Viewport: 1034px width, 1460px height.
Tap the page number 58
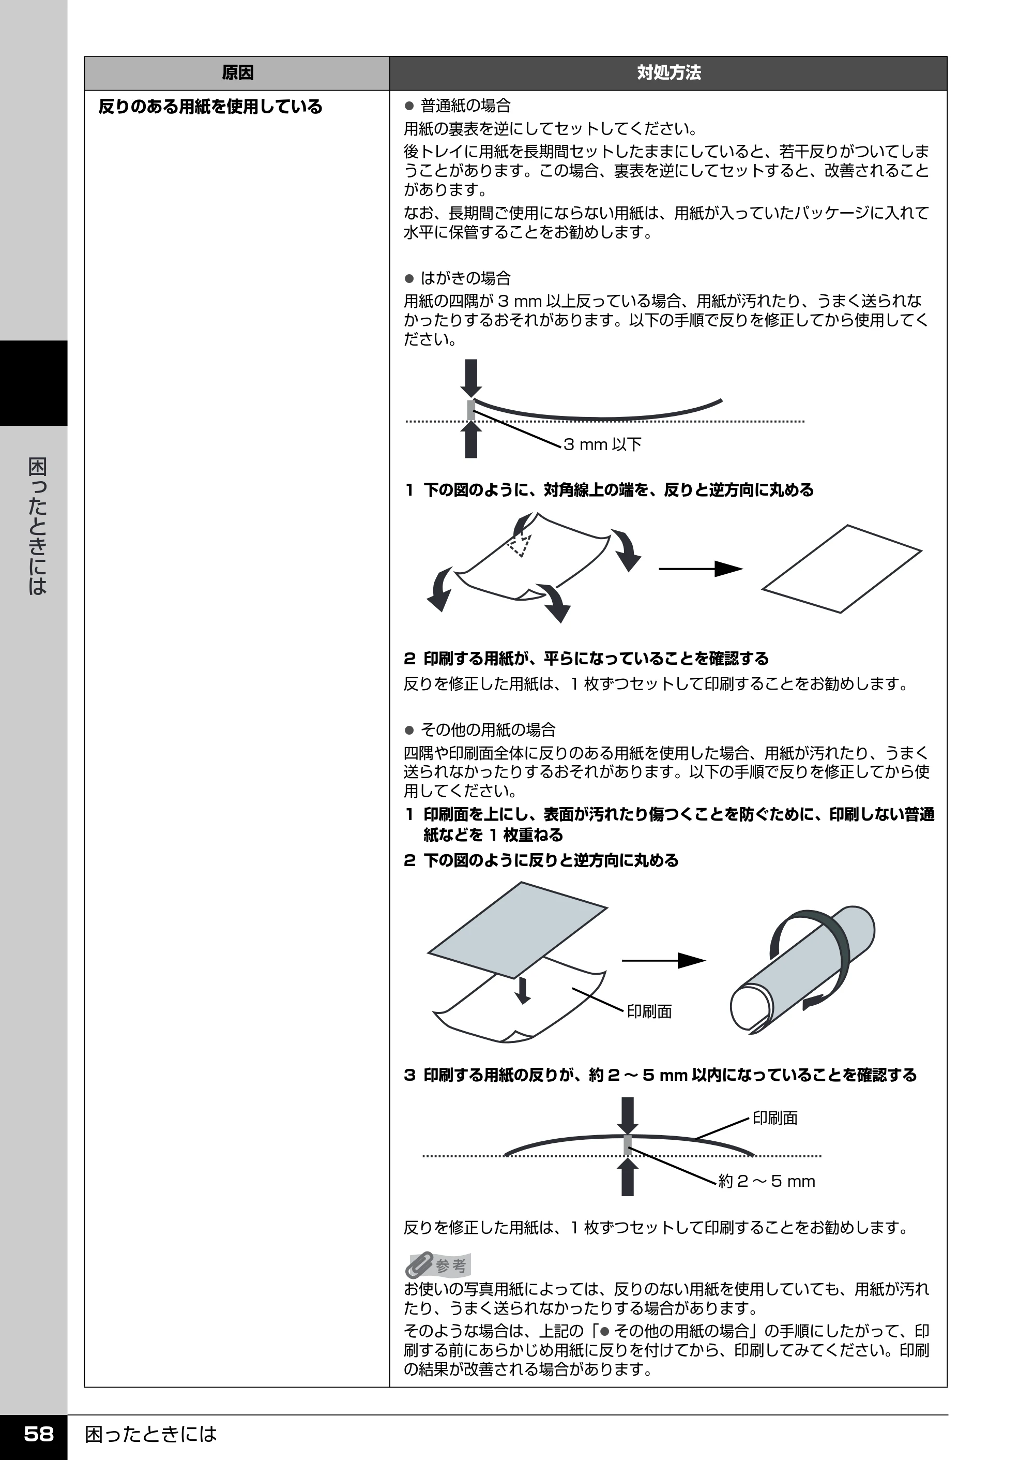[x=38, y=1434]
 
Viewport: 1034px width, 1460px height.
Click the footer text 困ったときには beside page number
[x=151, y=1434]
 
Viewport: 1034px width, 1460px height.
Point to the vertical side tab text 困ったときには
[x=38, y=526]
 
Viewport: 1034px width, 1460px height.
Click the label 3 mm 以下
[x=602, y=444]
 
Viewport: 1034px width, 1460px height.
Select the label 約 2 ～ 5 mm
[x=767, y=1182]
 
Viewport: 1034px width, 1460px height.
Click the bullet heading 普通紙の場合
[x=466, y=106]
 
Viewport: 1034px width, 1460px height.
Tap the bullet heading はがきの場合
[x=466, y=278]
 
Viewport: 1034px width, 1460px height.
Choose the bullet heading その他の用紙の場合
[x=489, y=730]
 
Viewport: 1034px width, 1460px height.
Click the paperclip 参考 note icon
[x=437, y=1265]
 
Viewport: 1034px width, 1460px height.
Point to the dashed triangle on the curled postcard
[x=520, y=545]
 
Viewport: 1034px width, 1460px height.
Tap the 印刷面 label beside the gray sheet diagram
[x=649, y=1011]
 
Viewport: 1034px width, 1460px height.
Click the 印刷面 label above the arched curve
[x=775, y=1118]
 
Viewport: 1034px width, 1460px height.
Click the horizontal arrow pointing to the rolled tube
[x=663, y=961]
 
